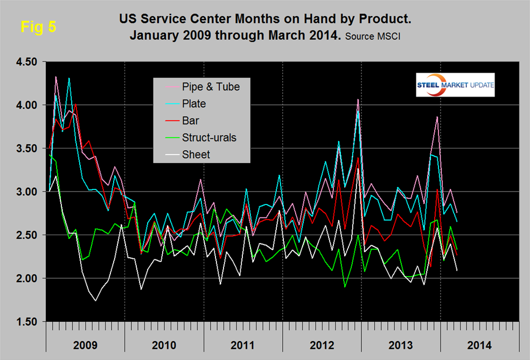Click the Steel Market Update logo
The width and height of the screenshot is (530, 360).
coord(455,84)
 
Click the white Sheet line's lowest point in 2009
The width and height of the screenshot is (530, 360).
coord(95,301)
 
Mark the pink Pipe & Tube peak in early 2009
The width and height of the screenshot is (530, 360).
coord(56,76)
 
